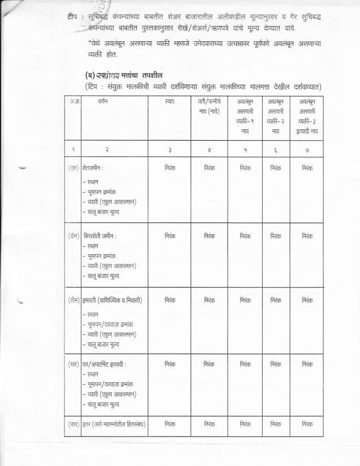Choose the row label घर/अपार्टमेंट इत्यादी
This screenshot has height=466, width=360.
[x=105, y=364]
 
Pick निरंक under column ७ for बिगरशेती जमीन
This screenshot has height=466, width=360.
[x=307, y=234]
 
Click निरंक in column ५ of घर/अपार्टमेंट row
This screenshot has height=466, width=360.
[x=245, y=364]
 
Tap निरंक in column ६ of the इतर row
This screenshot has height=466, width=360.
[x=276, y=423]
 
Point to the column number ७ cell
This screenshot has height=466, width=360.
[x=307, y=149]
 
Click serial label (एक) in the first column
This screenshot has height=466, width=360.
[x=73, y=168]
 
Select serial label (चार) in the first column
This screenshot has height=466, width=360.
[x=73, y=364]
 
